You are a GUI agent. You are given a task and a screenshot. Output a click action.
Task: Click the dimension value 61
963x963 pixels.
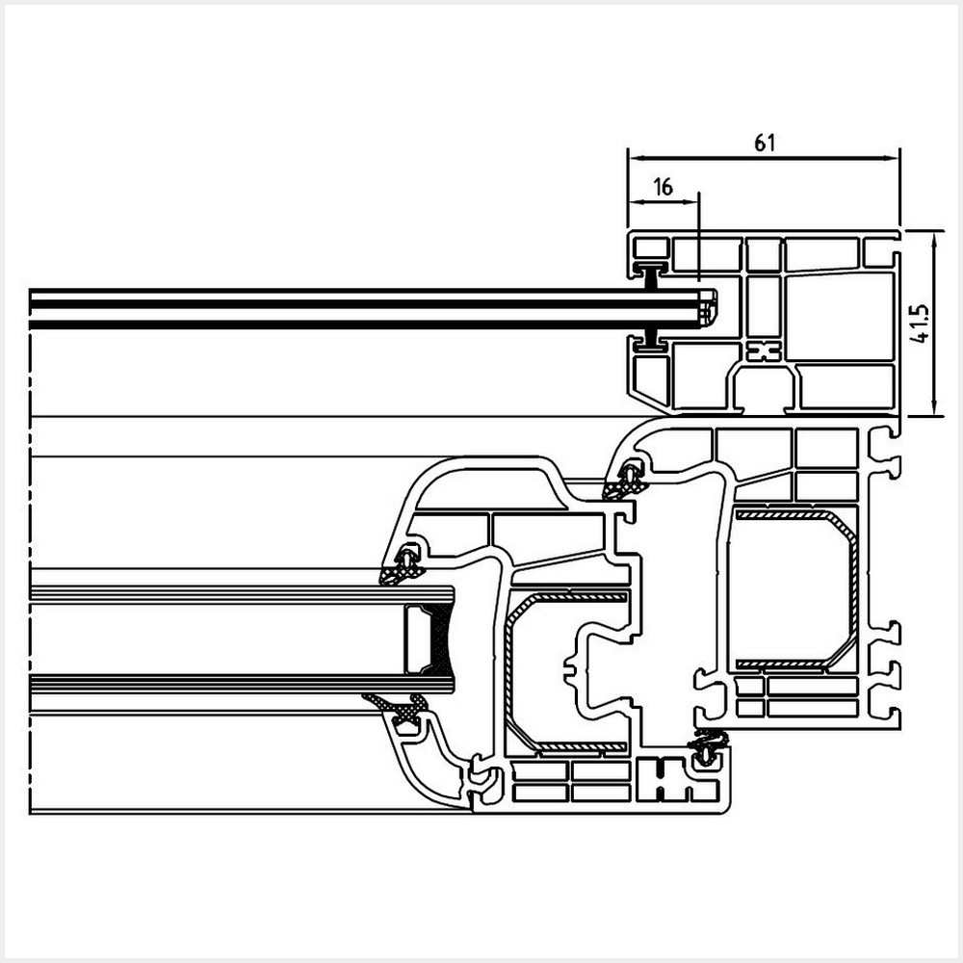click(x=764, y=143)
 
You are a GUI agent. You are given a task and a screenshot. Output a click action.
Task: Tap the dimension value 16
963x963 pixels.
click(x=664, y=187)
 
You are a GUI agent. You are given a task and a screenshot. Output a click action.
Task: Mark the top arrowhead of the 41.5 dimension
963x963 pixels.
click(x=933, y=239)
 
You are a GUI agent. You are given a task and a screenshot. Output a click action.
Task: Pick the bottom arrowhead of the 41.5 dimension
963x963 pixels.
click(x=933, y=407)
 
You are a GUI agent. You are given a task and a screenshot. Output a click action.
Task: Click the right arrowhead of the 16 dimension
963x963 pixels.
click(x=691, y=201)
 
